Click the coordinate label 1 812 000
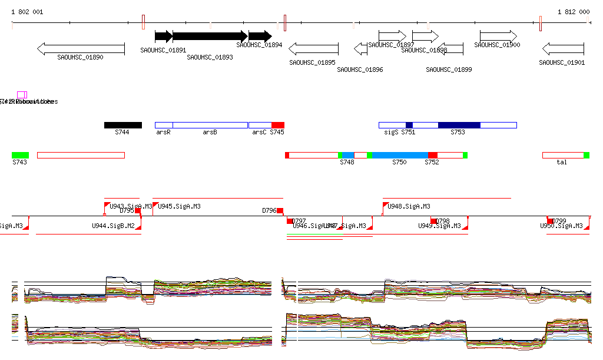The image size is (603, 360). coord(573,12)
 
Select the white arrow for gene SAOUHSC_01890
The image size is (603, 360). coord(81,49)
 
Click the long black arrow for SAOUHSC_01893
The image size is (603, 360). coord(210,37)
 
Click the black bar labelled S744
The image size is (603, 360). coord(123,125)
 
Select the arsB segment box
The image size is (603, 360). coord(210,125)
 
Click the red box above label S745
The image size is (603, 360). coord(278,125)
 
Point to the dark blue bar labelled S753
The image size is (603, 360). coord(459,125)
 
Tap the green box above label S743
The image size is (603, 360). coord(20,155)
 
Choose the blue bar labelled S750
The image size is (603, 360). coord(400,155)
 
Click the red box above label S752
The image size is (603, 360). coord(432,155)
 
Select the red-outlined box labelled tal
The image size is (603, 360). coord(563,155)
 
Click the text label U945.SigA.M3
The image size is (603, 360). coord(179,206)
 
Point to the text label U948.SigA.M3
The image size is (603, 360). coord(409,206)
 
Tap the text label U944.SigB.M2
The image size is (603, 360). coord(113,226)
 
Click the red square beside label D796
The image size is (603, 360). coord(280,211)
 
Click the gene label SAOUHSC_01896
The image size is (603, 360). coord(360,70)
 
